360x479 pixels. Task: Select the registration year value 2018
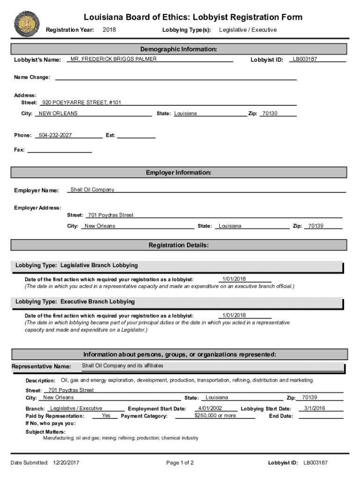point(109,30)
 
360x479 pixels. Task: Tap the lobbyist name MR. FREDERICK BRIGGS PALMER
point(113,59)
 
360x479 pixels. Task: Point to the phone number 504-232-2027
point(55,135)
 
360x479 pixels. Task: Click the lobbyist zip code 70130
point(269,114)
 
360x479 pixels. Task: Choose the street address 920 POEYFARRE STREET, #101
point(81,102)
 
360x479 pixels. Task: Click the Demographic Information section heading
point(179,49)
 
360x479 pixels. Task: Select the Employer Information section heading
point(179,173)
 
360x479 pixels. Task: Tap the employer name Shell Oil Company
point(92,190)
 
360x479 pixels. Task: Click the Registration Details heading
point(179,245)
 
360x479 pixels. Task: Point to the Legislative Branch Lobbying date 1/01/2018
point(234,279)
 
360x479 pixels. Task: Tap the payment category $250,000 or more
point(215,415)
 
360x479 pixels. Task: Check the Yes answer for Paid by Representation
point(106,415)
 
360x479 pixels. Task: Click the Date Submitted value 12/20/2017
point(66,463)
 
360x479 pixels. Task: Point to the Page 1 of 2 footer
point(180,463)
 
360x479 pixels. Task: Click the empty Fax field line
point(59,150)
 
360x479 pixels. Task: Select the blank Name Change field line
point(176,78)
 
